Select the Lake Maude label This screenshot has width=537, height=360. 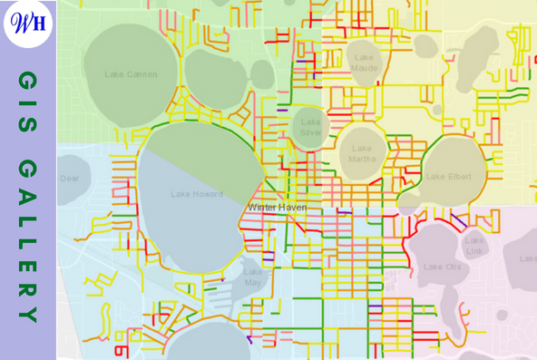pyautogui.click(x=365, y=63)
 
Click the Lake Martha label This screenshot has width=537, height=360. pyautogui.click(x=362, y=154)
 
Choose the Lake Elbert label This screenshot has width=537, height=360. pyautogui.click(x=448, y=176)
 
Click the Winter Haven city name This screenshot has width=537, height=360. pyautogui.click(x=277, y=208)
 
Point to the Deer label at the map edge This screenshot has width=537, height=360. pyautogui.click(x=70, y=179)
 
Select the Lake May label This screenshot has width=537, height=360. pyautogui.click(x=253, y=277)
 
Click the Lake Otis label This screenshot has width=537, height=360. pyautogui.click(x=443, y=267)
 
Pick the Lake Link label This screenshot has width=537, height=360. pyautogui.click(x=474, y=245)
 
